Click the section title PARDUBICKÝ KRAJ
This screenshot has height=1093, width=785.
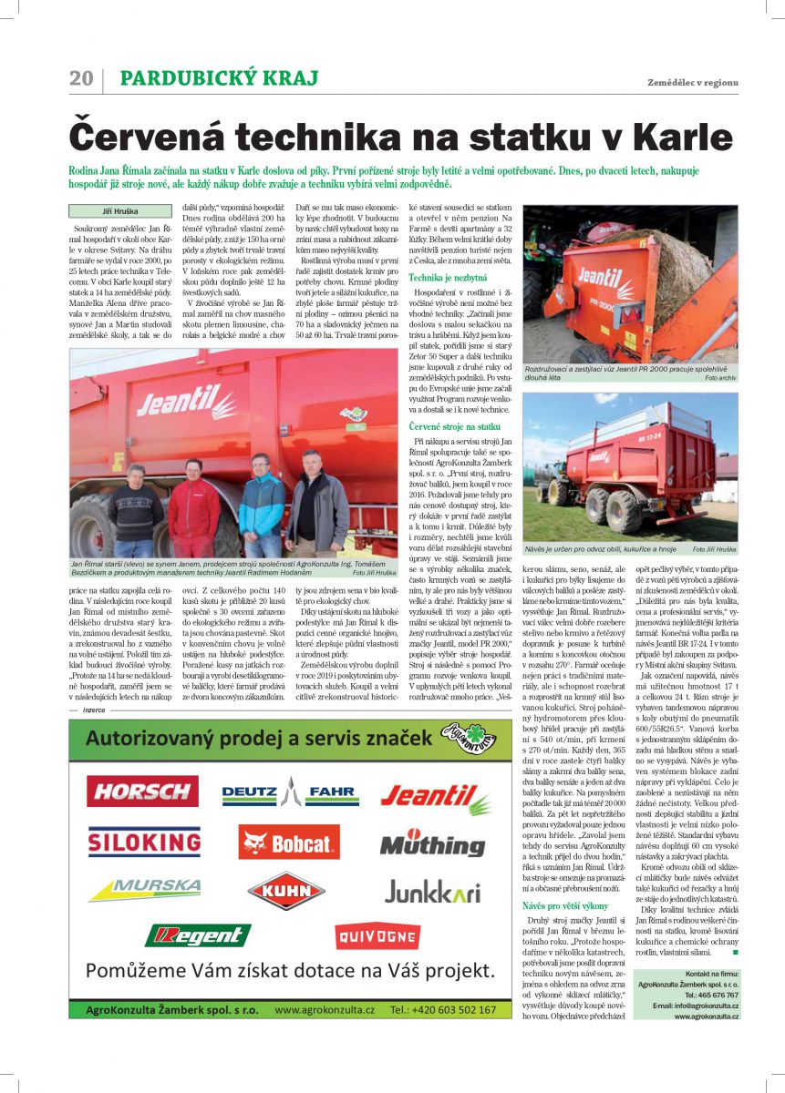click(x=219, y=78)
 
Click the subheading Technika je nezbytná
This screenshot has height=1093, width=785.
click(x=449, y=276)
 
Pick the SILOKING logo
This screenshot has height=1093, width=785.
click(x=144, y=842)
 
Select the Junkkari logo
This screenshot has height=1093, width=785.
click(x=431, y=891)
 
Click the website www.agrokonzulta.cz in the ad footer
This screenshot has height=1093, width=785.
click(x=325, y=1010)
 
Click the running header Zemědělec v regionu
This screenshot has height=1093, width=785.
click(x=693, y=82)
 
